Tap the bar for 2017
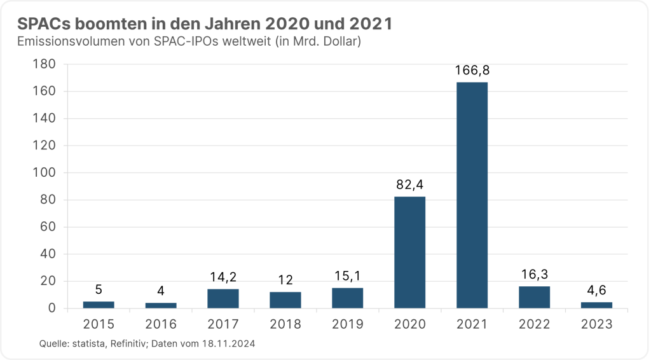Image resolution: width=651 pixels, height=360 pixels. click(223, 299)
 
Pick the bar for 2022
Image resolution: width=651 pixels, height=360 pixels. click(534, 297)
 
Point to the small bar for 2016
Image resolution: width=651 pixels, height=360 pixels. click(160, 305)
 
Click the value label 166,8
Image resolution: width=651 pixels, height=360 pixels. click(472, 71)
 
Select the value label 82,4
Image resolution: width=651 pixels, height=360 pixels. click(409, 185)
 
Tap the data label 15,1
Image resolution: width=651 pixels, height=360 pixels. click(347, 277)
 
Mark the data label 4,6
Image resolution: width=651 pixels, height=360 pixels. click(596, 291)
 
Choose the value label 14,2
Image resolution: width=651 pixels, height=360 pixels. click(223, 278)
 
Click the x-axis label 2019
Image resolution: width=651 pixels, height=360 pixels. click(347, 324)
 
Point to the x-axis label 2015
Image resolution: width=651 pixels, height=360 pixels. click(98, 324)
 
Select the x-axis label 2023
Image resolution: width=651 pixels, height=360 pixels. click(596, 324)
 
